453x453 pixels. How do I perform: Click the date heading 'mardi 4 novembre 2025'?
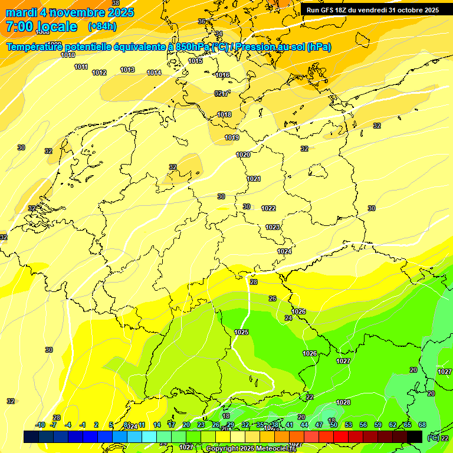pos(70,12)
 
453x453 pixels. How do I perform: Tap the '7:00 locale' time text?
pos(41,27)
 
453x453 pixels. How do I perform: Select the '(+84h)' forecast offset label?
pos(102,27)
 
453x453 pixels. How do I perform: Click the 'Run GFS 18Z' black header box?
pos(373,10)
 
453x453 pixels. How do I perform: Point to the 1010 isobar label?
pos(68,55)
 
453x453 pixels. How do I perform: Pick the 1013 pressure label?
pos(127,70)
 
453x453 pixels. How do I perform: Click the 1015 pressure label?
pos(195,61)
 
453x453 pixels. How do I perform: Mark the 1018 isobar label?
pos(224,114)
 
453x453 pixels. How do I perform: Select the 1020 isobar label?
pos(243,155)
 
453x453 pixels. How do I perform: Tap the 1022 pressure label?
pos(268,208)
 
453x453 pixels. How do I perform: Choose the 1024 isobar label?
pos(284,251)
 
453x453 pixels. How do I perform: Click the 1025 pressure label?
pos(241,332)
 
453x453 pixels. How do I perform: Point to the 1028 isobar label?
pos(343,402)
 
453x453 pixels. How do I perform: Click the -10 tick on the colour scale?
pos(40,425)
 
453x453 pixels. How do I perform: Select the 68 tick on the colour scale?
pos(422,425)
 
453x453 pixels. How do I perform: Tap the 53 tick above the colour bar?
pos(349,425)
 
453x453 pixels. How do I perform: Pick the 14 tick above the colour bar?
pos(157,425)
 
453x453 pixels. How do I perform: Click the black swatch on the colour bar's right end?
pos(415,436)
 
